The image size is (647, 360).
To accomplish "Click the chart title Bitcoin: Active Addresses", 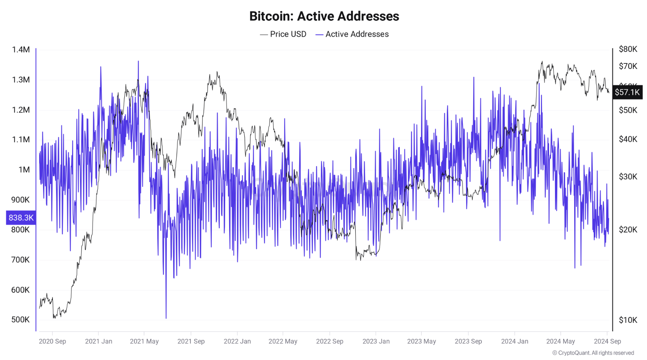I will (x=324, y=16).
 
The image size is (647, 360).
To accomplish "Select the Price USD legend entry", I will (x=283, y=34).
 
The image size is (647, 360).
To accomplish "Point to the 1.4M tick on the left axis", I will (x=21, y=50).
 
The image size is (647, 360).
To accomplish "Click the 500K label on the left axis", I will (x=20, y=320).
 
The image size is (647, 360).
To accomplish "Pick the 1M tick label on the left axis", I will (x=24, y=170).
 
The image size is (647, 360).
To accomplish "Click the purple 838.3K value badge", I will (x=21, y=218).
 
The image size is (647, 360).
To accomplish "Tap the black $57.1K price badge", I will (x=627, y=92).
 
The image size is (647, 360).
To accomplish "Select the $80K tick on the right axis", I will (x=628, y=49).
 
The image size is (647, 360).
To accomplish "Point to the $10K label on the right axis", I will (x=628, y=320).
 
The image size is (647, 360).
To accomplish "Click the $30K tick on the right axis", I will (x=628, y=177).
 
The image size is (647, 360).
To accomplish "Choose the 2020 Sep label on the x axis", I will (x=52, y=341).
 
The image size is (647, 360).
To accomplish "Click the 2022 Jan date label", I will (x=237, y=341).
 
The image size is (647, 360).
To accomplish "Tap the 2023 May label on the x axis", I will (x=421, y=341).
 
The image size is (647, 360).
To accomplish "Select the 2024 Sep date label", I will (x=607, y=341).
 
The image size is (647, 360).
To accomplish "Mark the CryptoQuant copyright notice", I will (x=593, y=353).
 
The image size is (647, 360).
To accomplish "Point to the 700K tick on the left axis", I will (x=20, y=260).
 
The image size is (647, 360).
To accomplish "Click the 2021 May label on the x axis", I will (x=144, y=341).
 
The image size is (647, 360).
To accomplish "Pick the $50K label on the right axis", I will (x=628, y=110).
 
